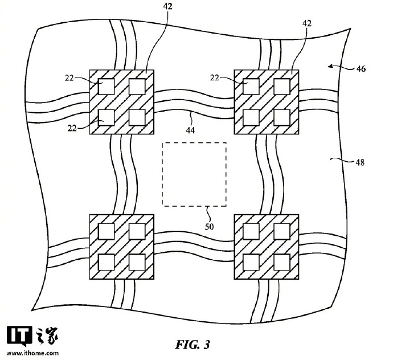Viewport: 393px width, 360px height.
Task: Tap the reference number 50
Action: [x=209, y=227]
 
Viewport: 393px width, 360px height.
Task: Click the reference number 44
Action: [x=190, y=130]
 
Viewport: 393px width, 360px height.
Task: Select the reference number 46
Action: [x=361, y=68]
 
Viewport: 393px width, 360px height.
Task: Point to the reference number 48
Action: [x=360, y=163]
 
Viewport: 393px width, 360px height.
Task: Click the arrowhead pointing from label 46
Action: [x=331, y=66]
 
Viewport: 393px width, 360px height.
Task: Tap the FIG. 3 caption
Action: [x=193, y=345]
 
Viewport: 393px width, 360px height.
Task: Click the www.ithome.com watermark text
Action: [x=32, y=353]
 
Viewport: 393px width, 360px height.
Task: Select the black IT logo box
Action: [x=19, y=335]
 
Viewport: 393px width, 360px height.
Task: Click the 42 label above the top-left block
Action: [x=167, y=6]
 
